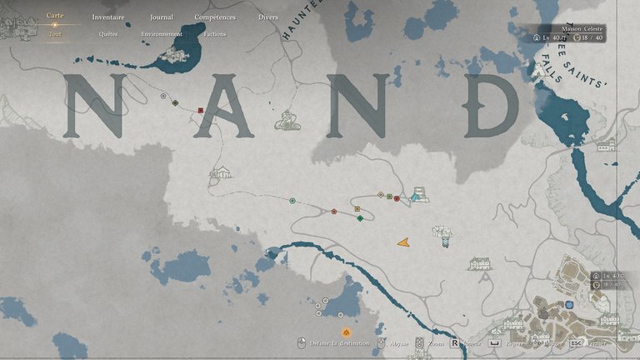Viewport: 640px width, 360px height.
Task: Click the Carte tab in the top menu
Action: click(55, 16)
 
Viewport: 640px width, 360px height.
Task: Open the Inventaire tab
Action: click(107, 17)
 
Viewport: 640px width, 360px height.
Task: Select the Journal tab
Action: click(162, 17)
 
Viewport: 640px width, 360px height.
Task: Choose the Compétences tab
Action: click(214, 17)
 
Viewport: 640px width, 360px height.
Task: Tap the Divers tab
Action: click(268, 17)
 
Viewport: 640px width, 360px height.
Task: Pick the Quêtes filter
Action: click(107, 34)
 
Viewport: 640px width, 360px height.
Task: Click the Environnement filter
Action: click(162, 34)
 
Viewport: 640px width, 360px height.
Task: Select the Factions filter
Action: click(214, 34)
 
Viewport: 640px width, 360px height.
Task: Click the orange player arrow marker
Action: click(403, 242)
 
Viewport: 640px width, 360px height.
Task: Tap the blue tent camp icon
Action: click(416, 197)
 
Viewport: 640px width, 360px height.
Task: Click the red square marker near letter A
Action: click(201, 110)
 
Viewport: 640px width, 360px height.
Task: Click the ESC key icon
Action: click(576, 342)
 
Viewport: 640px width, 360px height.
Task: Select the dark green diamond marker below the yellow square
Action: click(360, 218)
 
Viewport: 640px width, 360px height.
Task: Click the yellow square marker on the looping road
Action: click(357, 209)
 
